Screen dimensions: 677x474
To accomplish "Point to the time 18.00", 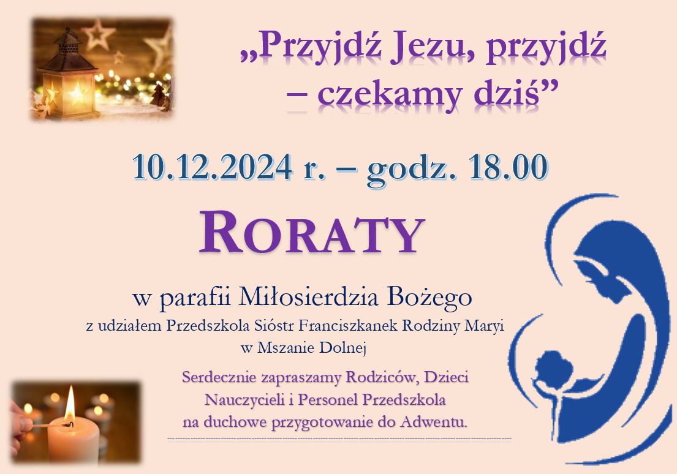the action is (x=508, y=167).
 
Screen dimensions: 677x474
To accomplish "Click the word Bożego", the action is (x=429, y=298).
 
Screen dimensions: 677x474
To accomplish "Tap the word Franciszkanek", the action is (x=348, y=326).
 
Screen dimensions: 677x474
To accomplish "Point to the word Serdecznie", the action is (x=219, y=377).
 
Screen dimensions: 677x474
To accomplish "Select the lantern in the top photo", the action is (x=67, y=74).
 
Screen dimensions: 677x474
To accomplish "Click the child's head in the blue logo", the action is (x=554, y=370).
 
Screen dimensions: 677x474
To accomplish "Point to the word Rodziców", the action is (x=382, y=377).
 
